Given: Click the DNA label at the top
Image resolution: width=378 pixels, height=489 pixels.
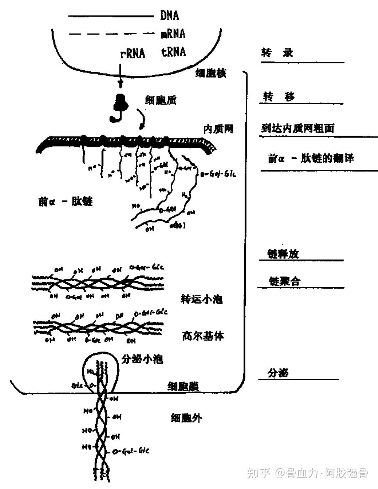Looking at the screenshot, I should [x=169, y=16].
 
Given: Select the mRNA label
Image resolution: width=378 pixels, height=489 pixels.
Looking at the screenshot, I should [x=173, y=34].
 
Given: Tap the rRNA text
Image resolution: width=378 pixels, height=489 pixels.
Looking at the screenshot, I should [x=133, y=53].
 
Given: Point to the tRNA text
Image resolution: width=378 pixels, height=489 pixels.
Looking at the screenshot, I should [x=174, y=52].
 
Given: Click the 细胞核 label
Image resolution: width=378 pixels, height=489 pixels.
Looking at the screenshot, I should [x=211, y=73].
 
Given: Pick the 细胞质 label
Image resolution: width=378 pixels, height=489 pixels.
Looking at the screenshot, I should [x=160, y=100].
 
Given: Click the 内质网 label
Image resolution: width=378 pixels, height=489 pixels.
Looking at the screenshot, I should [x=218, y=128].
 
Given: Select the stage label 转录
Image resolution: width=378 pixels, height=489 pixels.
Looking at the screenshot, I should [x=277, y=53].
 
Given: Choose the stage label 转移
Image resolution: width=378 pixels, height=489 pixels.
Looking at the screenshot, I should [x=279, y=96].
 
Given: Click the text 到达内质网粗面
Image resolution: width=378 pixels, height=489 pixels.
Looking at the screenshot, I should [x=298, y=128].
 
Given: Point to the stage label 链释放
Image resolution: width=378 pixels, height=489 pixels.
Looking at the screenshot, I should [x=283, y=254].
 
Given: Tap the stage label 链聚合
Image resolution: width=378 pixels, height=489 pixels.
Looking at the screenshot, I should [x=285, y=281].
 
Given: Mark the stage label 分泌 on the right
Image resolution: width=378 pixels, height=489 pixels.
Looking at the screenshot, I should [x=278, y=373].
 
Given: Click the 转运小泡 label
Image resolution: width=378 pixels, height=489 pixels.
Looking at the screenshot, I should [x=202, y=299].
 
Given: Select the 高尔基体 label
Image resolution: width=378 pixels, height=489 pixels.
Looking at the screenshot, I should [x=203, y=336].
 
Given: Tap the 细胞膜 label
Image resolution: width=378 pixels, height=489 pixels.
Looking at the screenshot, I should [x=183, y=387].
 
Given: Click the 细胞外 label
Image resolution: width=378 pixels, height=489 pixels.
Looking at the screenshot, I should [x=186, y=417].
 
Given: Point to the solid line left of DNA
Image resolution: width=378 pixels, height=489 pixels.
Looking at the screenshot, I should [x=111, y=16].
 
